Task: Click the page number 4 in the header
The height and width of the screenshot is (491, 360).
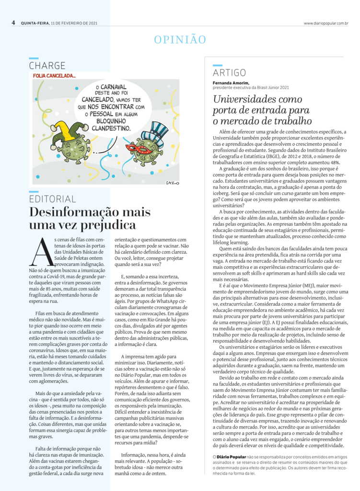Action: pyautogui.click(x=13, y=23)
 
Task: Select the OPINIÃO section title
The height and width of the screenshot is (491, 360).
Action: pyautogui.click(x=180, y=40)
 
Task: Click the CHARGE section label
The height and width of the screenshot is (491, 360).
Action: pyautogui.click(x=47, y=66)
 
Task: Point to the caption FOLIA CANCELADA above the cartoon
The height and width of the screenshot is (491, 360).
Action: pyautogui.click(x=54, y=76)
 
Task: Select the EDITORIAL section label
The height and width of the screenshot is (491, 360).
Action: pyautogui.click(x=52, y=199)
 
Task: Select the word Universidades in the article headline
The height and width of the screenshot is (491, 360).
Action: pyautogui.click(x=250, y=100)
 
